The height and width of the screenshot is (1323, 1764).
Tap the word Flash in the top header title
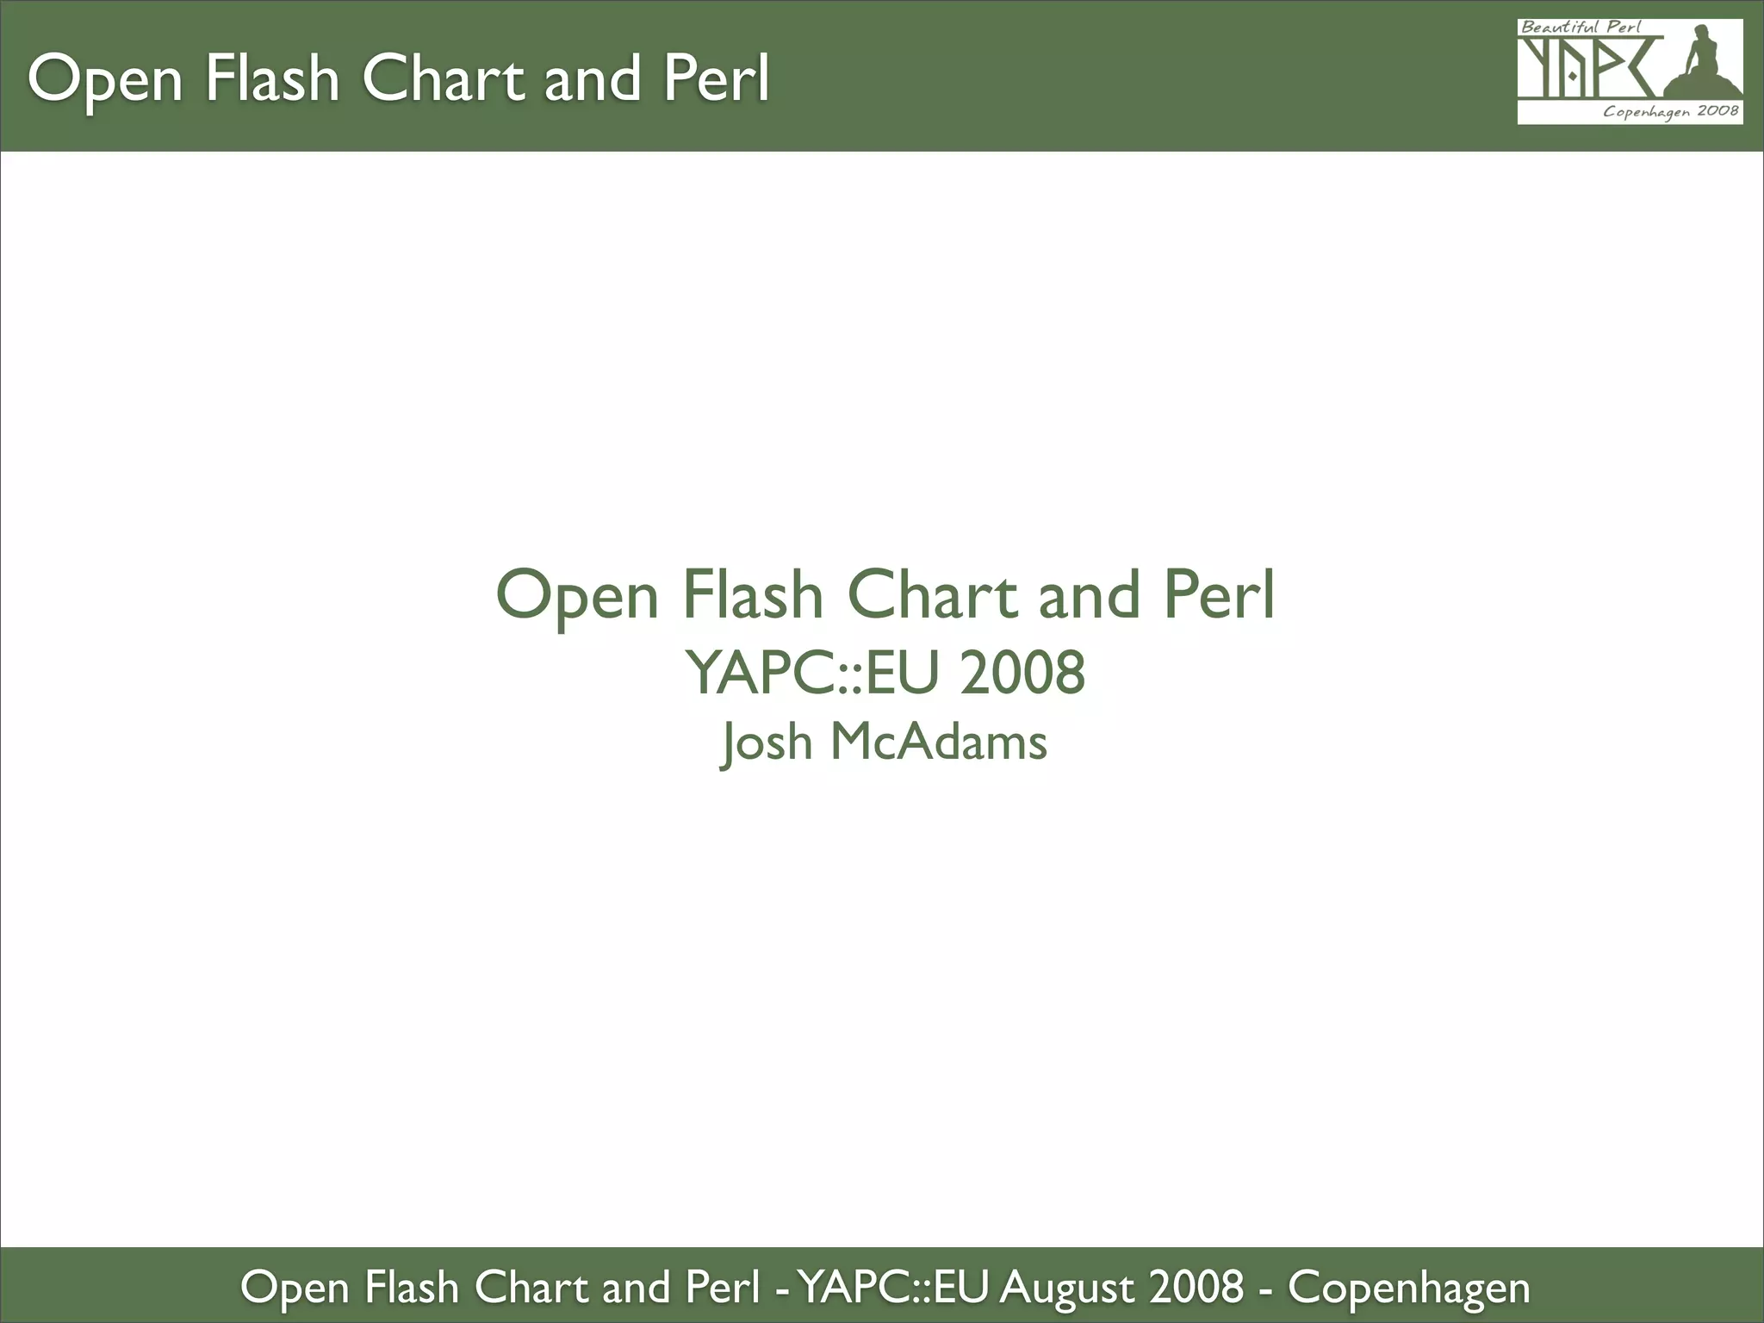(272, 79)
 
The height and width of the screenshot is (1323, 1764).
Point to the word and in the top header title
(593, 79)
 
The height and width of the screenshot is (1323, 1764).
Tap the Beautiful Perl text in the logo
(1581, 27)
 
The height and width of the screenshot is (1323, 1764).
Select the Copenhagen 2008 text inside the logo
(1670, 112)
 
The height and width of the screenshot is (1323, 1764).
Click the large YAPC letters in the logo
(1589, 69)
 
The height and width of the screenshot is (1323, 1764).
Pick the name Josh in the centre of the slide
(766, 742)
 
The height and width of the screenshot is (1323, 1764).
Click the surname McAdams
(939, 742)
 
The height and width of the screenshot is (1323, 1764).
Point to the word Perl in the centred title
(1219, 595)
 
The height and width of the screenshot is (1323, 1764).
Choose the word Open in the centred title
(576, 595)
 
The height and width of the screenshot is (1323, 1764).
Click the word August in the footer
(1066, 1288)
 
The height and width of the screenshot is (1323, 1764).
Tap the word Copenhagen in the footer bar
(1408, 1288)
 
